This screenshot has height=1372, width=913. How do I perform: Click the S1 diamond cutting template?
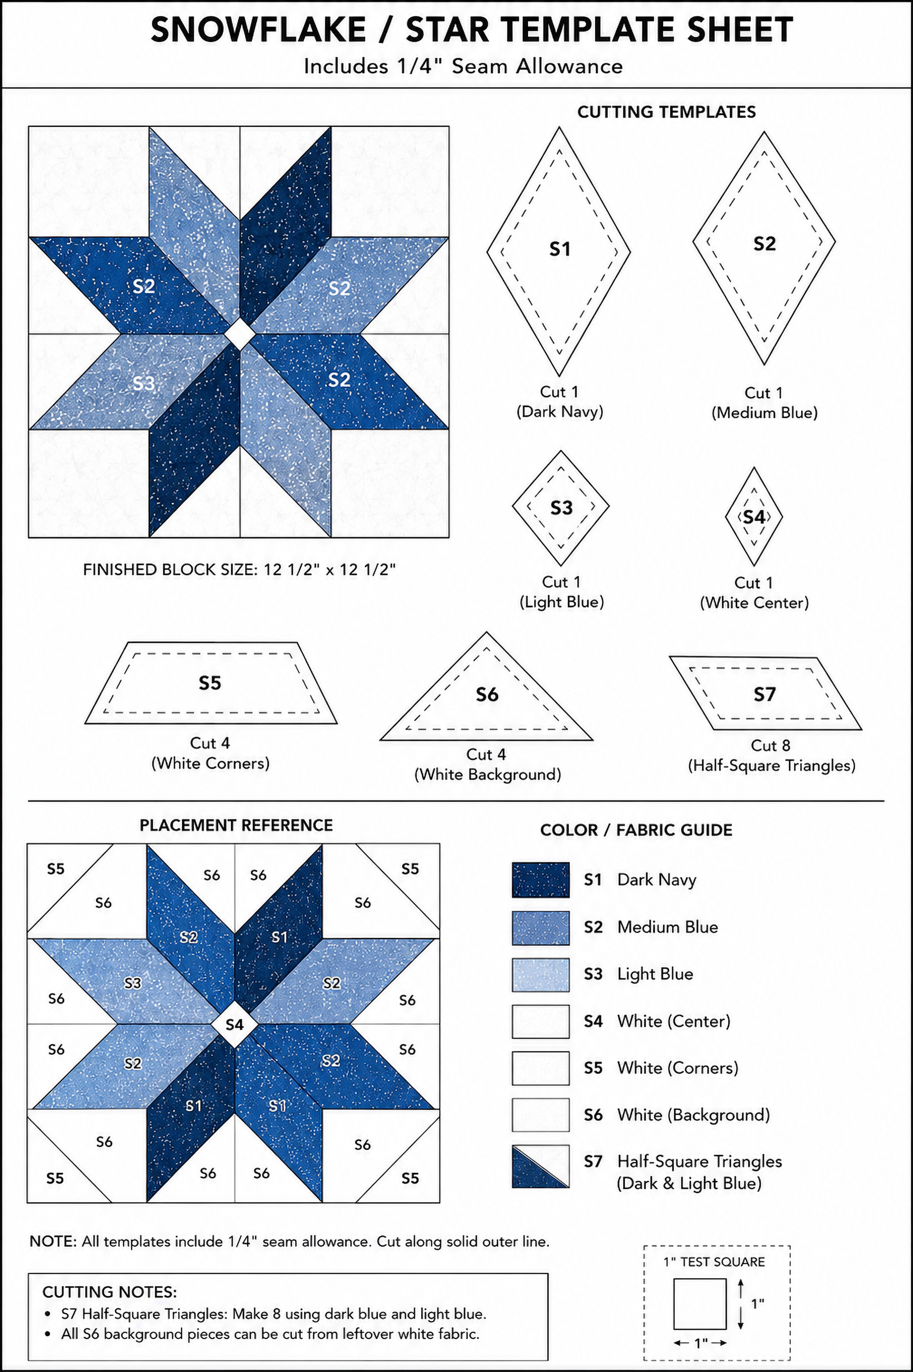click(559, 252)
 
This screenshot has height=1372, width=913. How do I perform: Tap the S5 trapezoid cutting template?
click(211, 683)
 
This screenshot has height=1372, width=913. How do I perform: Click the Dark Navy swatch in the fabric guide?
click(540, 880)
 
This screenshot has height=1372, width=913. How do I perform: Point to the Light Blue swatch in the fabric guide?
click(540, 975)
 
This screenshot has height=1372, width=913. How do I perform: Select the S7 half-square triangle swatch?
click(540, 1167)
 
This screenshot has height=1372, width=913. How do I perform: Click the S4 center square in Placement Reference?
click(234, 1024)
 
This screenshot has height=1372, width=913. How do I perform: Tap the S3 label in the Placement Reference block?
click(133, 983)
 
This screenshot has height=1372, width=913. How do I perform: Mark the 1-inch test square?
click(700, 1304)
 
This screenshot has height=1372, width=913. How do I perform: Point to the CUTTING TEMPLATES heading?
click(667, 112)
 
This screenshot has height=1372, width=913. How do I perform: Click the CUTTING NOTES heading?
click(109, 1292)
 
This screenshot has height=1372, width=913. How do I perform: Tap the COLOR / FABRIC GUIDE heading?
click(637, 830)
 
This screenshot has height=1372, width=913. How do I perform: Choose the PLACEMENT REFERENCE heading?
click(236, 825)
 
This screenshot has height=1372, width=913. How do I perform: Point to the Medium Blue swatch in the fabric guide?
click(540, 928)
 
